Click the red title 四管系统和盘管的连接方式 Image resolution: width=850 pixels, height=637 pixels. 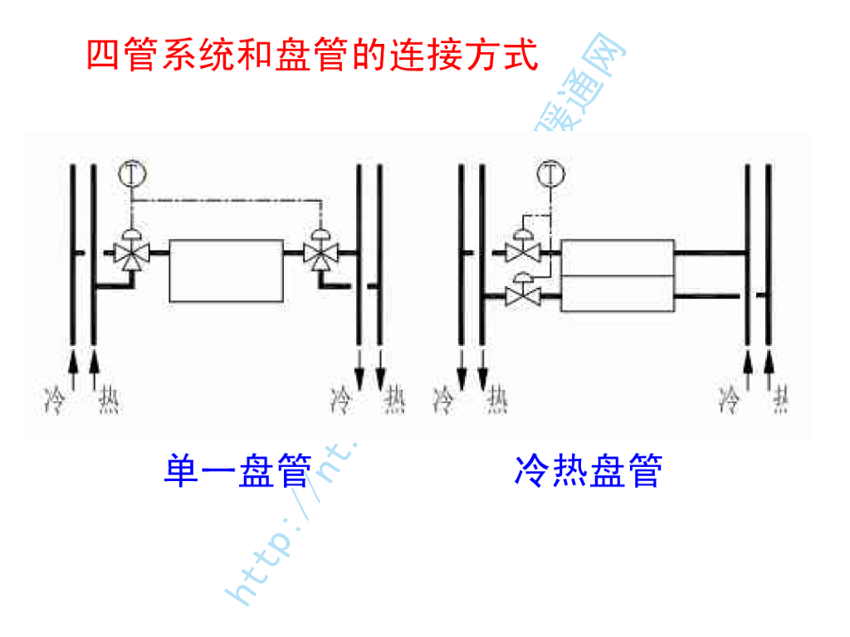click(x=313, y=56)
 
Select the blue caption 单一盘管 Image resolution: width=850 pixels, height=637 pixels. click(x=237, y=471)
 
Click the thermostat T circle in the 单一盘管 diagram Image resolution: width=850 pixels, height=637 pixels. click(x=131, y=173)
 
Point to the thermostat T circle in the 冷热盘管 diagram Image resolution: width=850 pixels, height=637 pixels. click(x=550, y=173)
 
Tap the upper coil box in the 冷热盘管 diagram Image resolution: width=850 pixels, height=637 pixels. click(x=618, y=258)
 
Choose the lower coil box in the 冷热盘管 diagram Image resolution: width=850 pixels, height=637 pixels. click(x=618, y=294)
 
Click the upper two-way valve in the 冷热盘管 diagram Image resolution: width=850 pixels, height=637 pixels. click(x=524, y=251)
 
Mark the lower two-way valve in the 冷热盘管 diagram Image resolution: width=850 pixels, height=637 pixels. click(x=524, y=294)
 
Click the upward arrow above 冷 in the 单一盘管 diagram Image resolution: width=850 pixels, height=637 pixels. click(x=72, y=365)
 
